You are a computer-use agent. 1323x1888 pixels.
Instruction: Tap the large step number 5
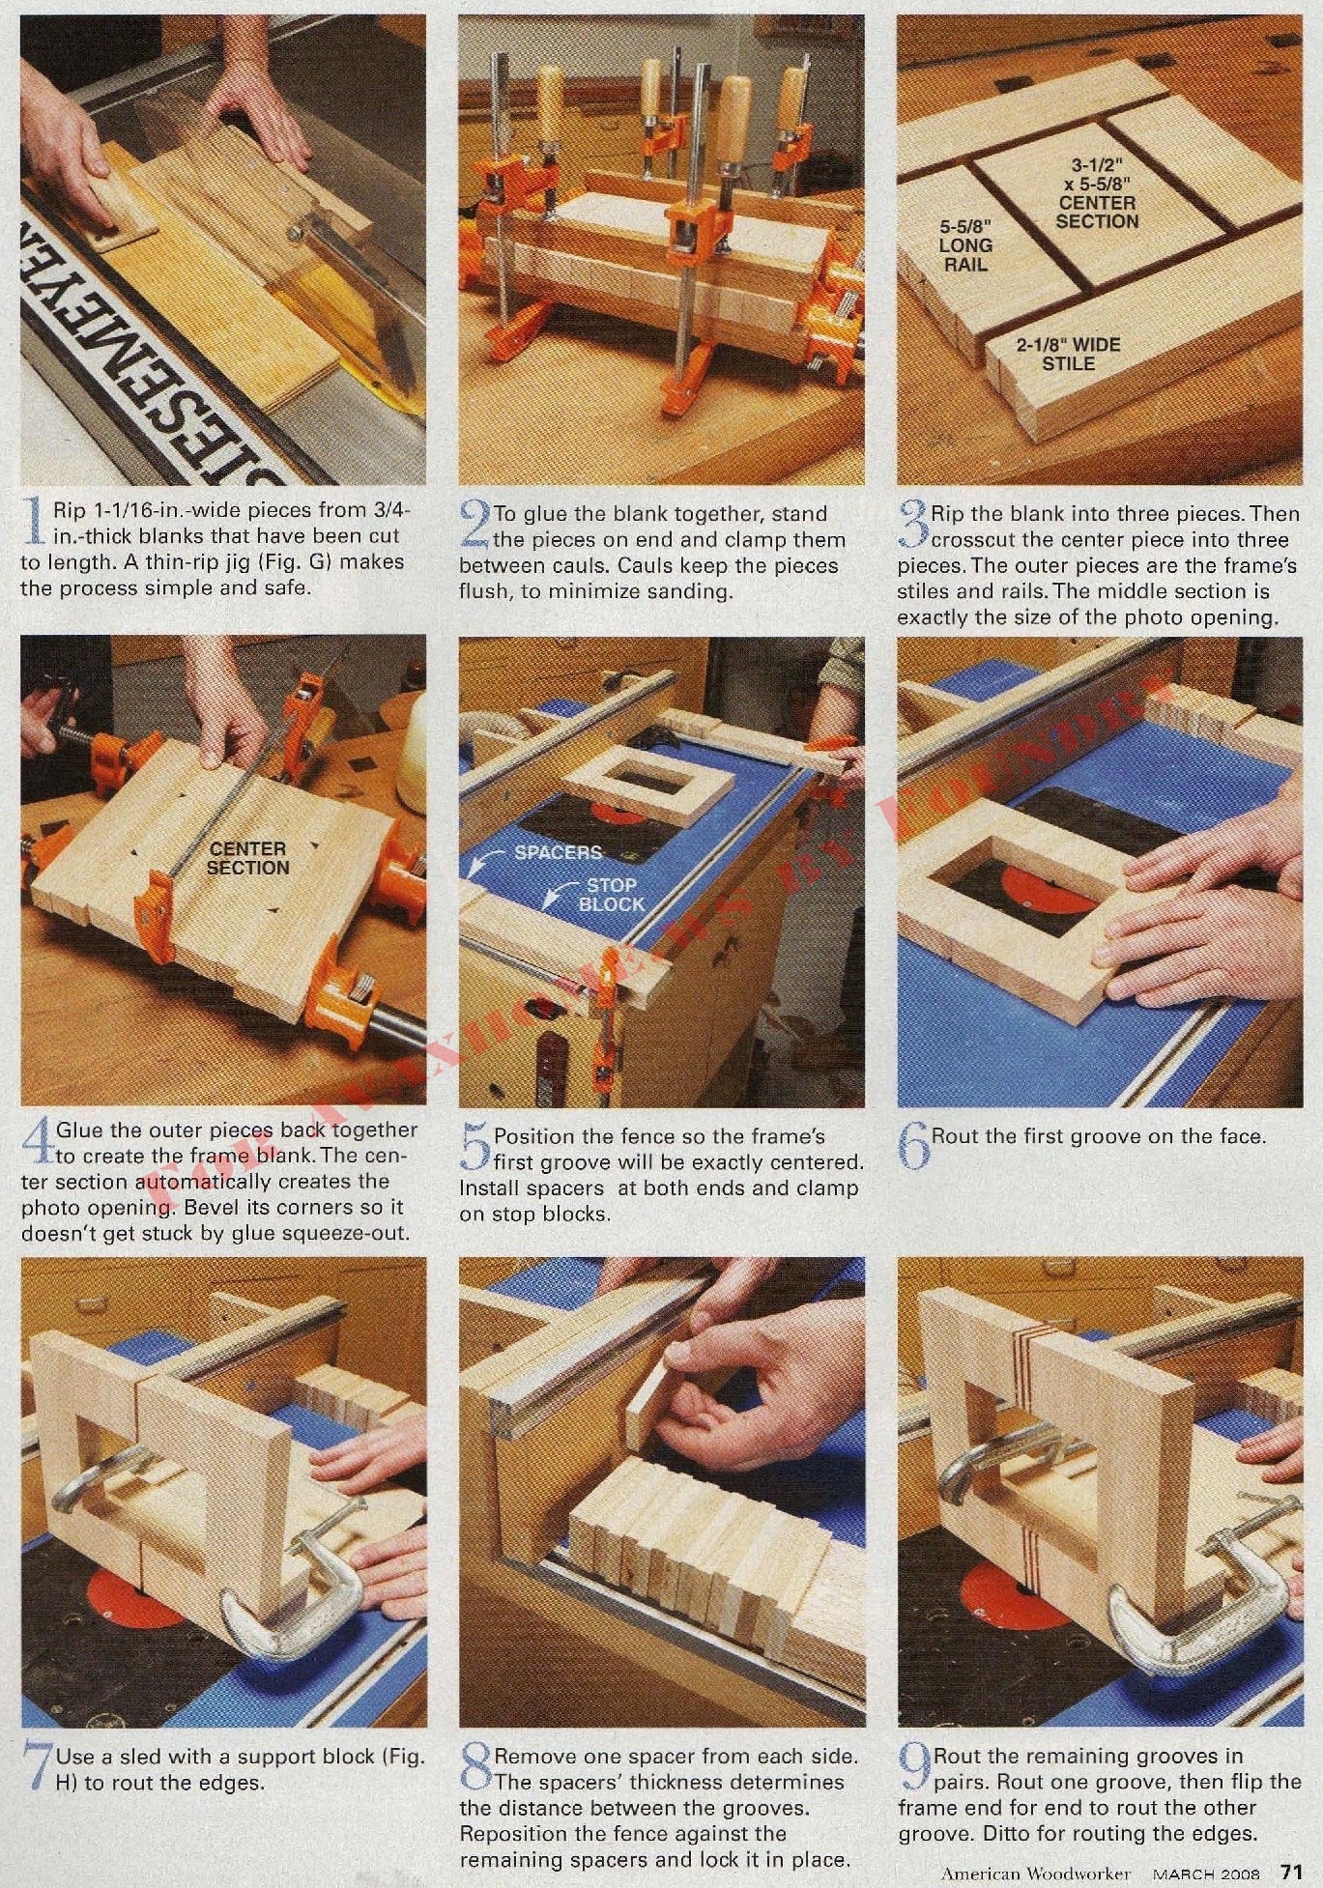pyautogui.click(x=475, y=1148)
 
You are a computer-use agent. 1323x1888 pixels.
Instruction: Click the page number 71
pyautogui.click(x=1291, y=1872)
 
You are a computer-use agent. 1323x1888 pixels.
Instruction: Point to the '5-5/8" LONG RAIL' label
pyautogui.click(x=965, y=245)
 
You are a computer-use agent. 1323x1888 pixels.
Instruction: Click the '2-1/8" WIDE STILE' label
pyautogui.click(x=1068, y=355)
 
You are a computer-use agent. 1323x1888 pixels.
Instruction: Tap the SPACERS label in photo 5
pyautogui.click(x=558, y=852)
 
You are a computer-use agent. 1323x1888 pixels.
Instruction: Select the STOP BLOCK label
pyautogui.click(x=611, y=895)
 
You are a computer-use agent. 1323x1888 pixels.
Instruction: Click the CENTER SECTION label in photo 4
pyautogui.click(x=248, y=858)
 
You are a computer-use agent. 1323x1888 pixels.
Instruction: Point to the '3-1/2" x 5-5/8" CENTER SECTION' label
pyautogui.click(x=1097, y=193)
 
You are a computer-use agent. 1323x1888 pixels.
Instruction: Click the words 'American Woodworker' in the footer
pyautogui.click(x=1036, y=1873)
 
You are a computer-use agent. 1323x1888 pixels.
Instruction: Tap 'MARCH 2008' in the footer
pyautogui.click(x=1207, y=1873)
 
